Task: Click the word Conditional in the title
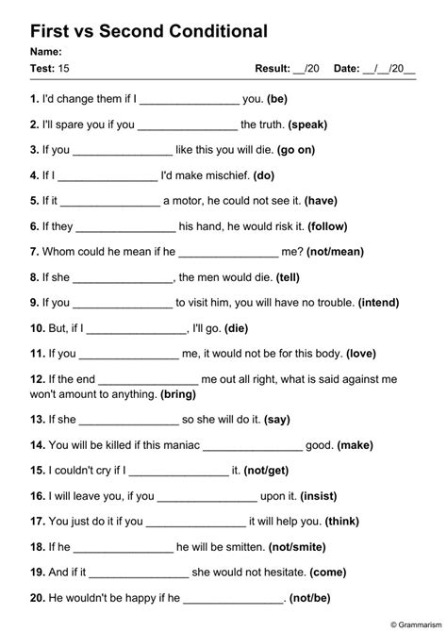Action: coord(208,31)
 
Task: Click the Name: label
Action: coord(46,52)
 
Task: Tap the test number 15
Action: coord(64,68)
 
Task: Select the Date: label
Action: coord(346,68)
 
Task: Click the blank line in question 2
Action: coord(188,124)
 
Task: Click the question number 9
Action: coord(34,303)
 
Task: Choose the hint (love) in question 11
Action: coord(361,354)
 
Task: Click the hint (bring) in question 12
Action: coord(178,393)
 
